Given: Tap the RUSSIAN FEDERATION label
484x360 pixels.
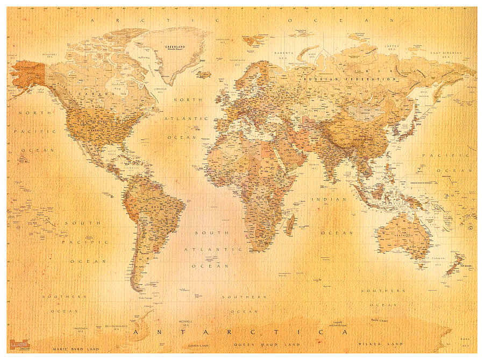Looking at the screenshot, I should (350, 79).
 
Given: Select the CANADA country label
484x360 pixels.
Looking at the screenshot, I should (89, 94).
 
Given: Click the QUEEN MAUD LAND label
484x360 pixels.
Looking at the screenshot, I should (259, 343).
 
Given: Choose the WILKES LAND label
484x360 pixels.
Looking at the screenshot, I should (381, 343).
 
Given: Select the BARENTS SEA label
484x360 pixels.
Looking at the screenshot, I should (284, 54).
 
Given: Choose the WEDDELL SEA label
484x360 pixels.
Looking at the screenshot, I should (186, 323).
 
